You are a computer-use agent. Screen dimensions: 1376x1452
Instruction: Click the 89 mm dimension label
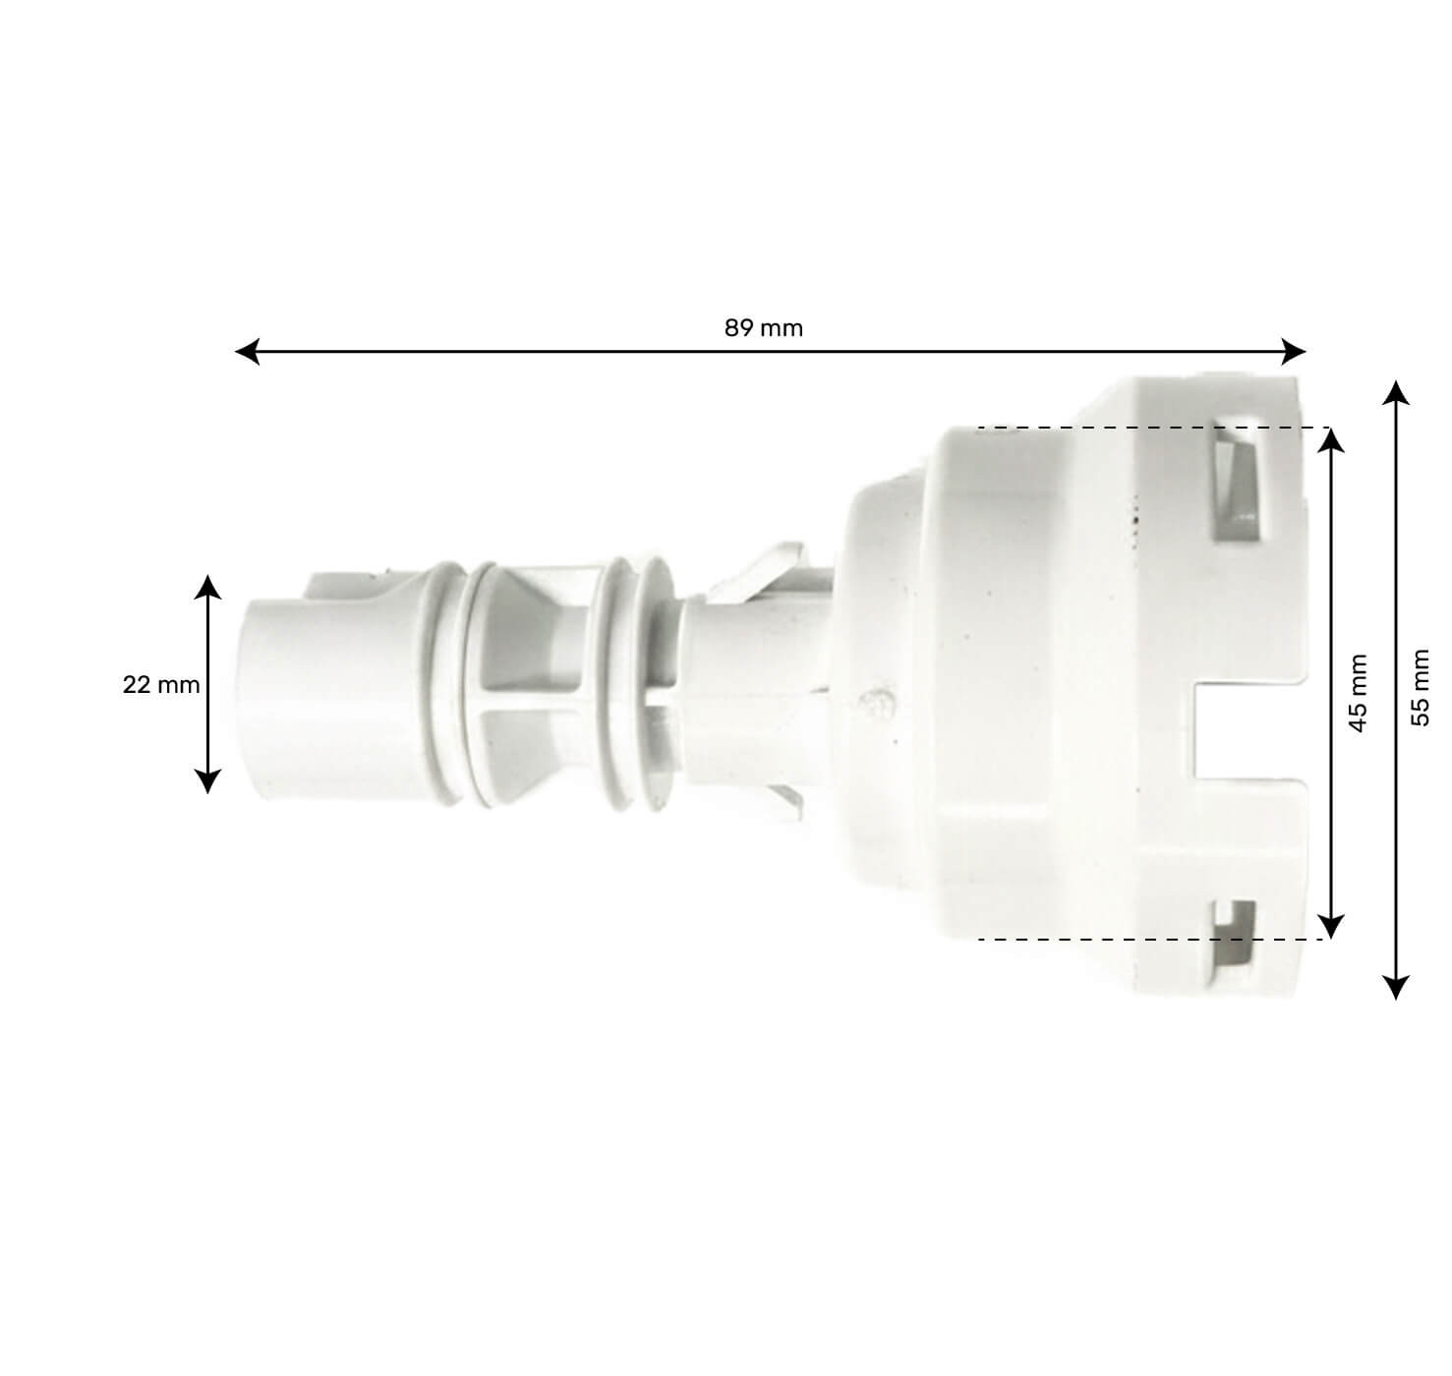[x=764, y=328]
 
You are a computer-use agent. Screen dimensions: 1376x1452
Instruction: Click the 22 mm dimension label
[x=161, y=685]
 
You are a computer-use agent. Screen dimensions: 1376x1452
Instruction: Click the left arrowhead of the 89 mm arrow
[x=247, y=351]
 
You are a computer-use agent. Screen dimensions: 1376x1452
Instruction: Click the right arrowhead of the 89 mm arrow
[x=1295, y=351]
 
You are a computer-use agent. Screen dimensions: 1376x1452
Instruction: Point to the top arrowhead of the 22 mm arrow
[x=207, y=588]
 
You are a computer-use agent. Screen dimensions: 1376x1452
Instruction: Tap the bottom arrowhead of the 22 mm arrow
[x=207, y=781]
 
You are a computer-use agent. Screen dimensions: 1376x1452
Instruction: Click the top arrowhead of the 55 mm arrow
[x=1395, y=393]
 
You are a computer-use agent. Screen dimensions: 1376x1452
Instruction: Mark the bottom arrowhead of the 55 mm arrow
[x=1395, y=987]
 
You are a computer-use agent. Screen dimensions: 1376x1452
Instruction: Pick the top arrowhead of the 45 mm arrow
[x=1330, y=439]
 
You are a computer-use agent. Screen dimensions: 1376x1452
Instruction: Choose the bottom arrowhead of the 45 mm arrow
[x=1330, y=926]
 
